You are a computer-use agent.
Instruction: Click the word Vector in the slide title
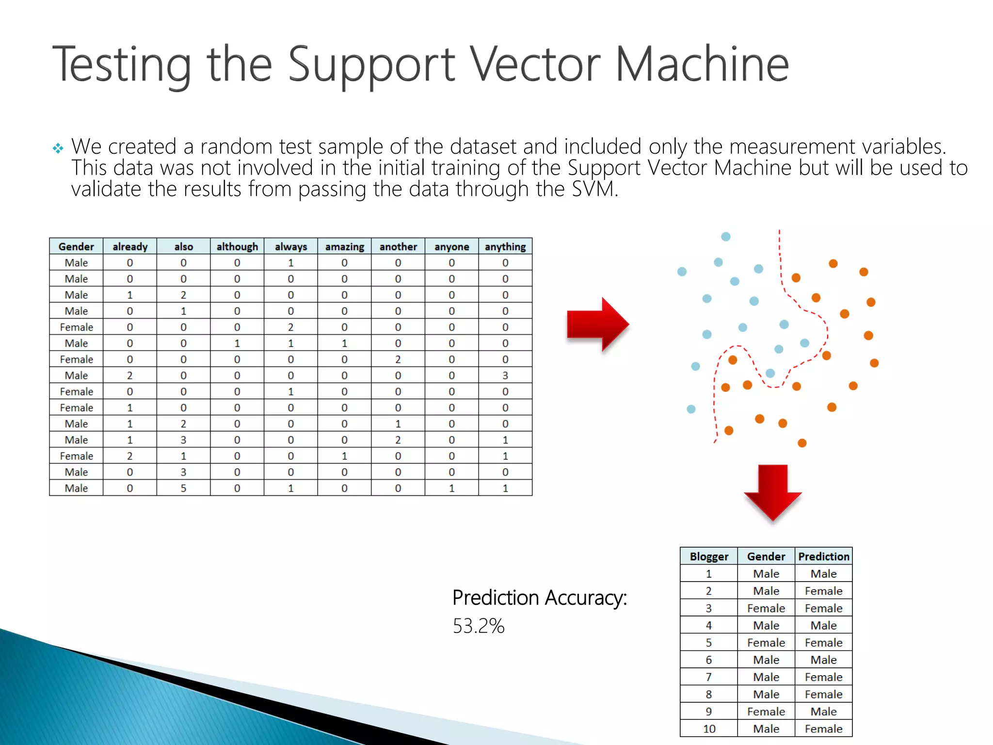pos(535,65)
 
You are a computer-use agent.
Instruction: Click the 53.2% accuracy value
pos(478,626)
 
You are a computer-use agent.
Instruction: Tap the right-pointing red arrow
pos(598,324)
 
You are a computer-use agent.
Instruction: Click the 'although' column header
pos(237,246)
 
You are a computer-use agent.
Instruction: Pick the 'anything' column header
pos(505,246)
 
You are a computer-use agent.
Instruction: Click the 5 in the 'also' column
pos(183,488)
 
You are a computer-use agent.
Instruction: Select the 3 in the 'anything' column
pos(505,375)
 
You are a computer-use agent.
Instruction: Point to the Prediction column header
pos(823,556)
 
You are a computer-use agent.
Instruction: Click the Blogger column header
pos(708,556)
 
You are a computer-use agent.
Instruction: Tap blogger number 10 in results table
pos(708,729)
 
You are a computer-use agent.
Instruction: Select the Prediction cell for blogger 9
pos(823,712)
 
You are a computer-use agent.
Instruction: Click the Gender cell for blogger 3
pos(766,608)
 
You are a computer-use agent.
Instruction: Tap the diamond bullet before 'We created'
pos(58,148)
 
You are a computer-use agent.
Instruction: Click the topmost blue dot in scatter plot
pos(725,237)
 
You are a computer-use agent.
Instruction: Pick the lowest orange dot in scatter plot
pos(802,443)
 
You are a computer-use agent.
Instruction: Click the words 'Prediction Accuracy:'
pos(539,598)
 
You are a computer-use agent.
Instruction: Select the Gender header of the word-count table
pos(76,246)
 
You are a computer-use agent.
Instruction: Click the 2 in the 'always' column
pos(290,327)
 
